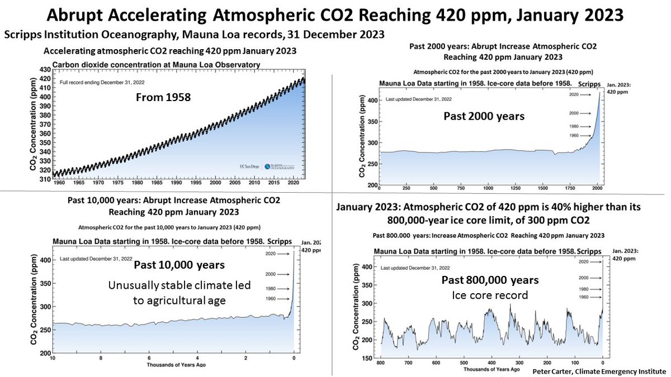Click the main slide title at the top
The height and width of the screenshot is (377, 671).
tap(335, 13)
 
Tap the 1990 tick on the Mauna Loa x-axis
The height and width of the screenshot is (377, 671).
tap(177, 182)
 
